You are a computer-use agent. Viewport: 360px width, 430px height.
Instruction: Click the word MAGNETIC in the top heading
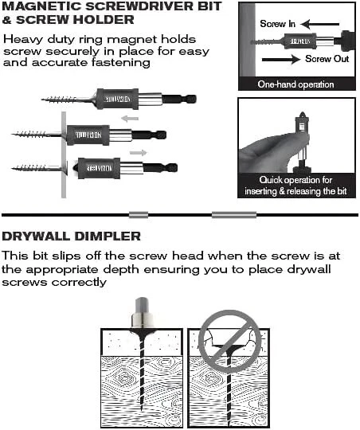coord(42,6)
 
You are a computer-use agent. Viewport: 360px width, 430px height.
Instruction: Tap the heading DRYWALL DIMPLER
coord(72,236)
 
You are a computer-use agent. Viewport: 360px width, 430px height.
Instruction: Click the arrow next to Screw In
coord(320,24)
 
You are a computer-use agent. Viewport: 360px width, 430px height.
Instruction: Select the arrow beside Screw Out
coord(281,59)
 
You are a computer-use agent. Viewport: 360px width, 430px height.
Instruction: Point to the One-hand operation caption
coord(295,84)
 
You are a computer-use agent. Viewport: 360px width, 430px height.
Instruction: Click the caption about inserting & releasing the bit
coord(295,186)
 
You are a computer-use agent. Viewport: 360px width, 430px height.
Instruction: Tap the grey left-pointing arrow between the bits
coord(130,119)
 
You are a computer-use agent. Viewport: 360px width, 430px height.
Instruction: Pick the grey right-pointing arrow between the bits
coord(139,152)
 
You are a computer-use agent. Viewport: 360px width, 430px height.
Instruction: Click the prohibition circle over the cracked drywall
coord(229,342)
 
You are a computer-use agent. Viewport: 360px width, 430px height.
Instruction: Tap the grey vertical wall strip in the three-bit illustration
coord(64,154)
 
